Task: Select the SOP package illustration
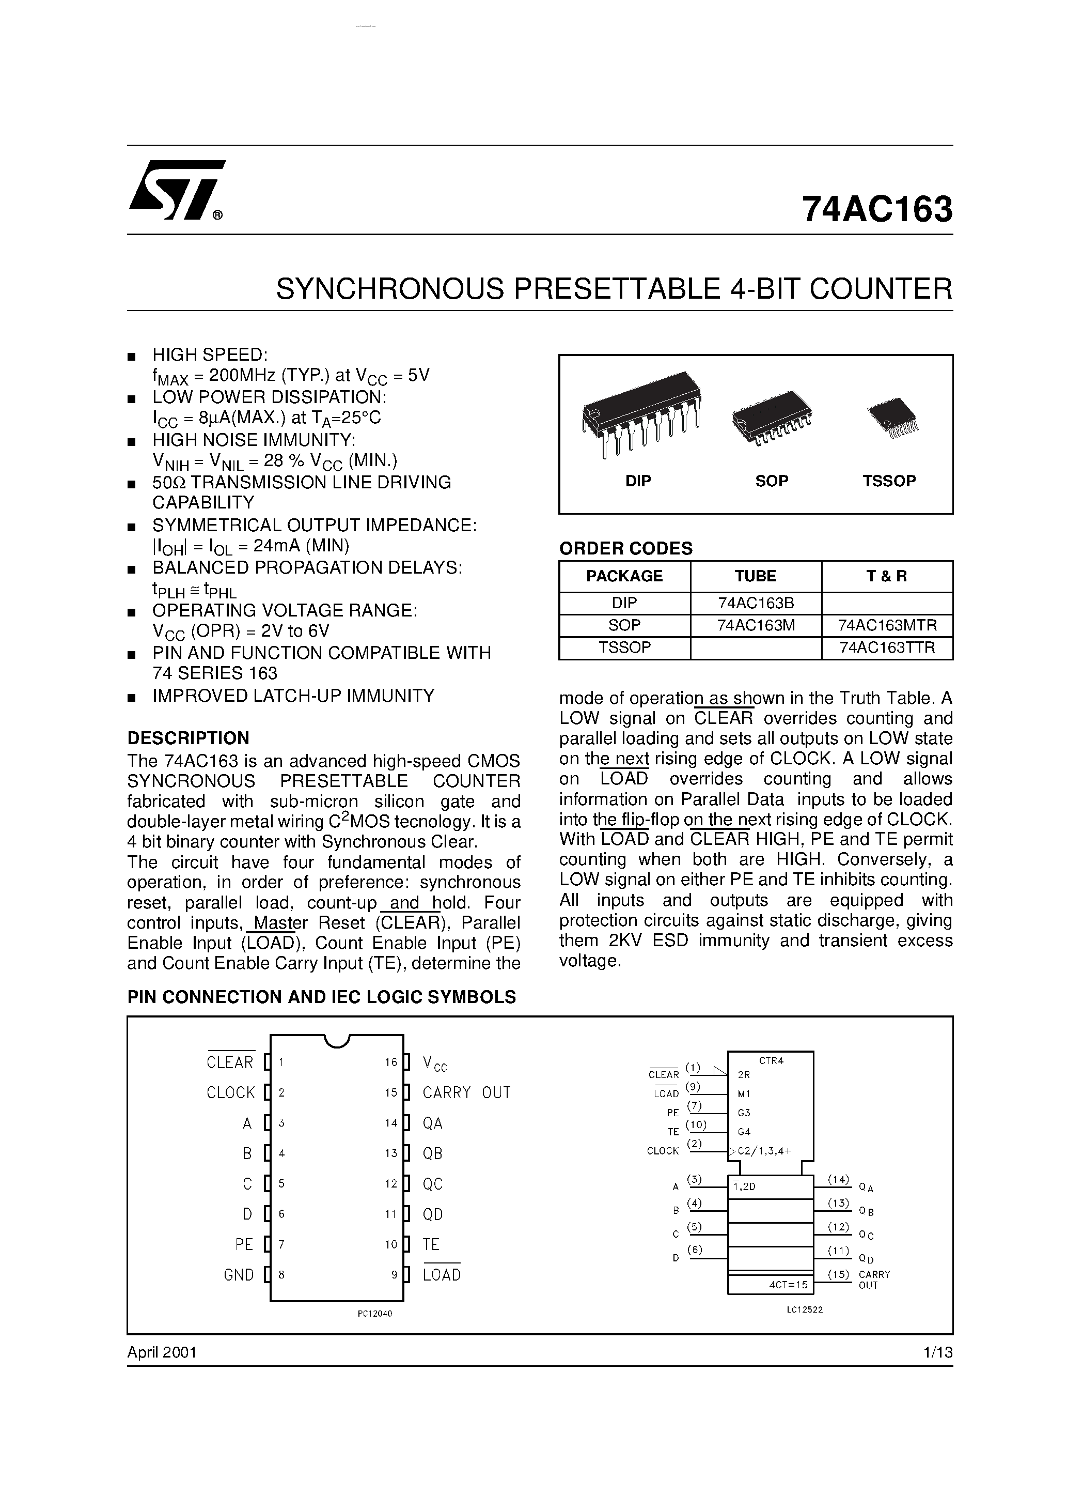pos(772,418)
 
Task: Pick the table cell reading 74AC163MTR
pos(887,625)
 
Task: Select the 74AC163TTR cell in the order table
pos(887,647)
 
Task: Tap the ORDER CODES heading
pos(625,548)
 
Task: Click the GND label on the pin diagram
pos(239,1275)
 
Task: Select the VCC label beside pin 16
pos(435,1062)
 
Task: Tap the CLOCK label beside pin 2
pos(230,1092)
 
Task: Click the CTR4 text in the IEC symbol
pos(772,1060)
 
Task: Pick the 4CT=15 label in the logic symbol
pos(788,1284)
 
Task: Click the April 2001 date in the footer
pos(162,1352)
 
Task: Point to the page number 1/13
pos(937,1352)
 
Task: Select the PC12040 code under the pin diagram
pos(375,1314)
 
